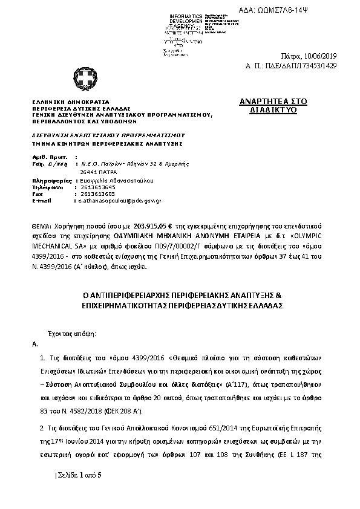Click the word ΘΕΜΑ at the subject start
pos(41,223)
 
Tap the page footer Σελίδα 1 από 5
pos(79,475)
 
